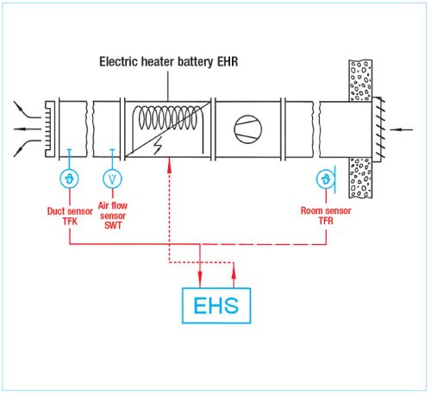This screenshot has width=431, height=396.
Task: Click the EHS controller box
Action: [215, 304]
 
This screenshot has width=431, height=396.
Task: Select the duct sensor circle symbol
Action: [68, 179]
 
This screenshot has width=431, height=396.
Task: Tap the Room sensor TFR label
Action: [327, 216]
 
